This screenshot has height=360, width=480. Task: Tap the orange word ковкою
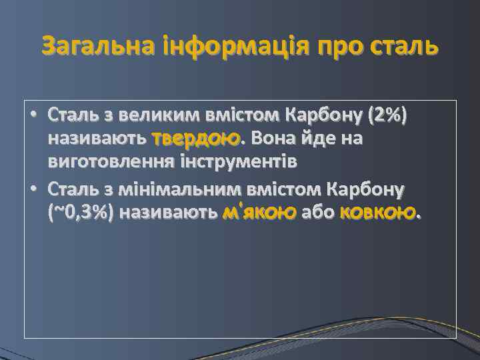click(x=379, y=213)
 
